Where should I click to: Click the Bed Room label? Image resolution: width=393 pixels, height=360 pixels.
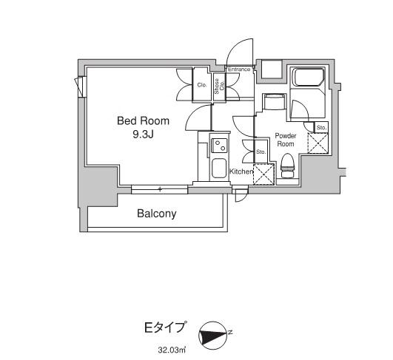(x=143, y=120)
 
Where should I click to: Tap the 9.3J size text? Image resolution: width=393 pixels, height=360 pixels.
(x=143, y=134)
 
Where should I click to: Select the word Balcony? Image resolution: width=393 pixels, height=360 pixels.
(x=156, y=214)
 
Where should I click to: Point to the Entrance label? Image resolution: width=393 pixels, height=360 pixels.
(x=239, y=70)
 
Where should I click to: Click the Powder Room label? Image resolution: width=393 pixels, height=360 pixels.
(x=285, y=140)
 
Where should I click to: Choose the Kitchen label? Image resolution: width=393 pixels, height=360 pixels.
(x=241, y=171)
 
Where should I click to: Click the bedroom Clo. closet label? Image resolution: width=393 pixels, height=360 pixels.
(x=201, y=85)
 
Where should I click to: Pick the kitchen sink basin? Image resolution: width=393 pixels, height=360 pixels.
(x=219, y=168)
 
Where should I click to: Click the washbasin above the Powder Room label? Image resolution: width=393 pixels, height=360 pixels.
(x=275, y=103)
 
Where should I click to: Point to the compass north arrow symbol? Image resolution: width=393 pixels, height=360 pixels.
(x=215, y=336)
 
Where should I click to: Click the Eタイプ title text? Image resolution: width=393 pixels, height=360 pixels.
(x=165, y=326)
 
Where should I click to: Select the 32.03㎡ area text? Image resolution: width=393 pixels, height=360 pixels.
(x=169, y=349)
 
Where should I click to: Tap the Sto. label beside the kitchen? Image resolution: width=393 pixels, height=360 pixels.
(x=261, y=152)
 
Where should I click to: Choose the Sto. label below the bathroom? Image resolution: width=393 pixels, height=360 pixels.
(x=321, y=128)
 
